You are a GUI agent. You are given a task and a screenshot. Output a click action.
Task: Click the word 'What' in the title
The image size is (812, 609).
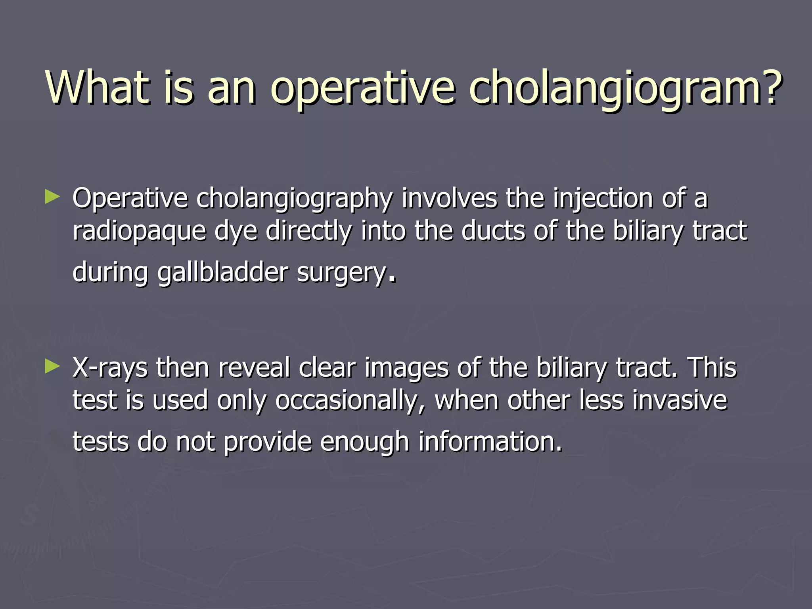pyautogui.click(x=98, y=87)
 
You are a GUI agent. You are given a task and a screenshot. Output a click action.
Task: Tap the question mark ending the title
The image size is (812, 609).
pyautogui.click(x=770, y=87)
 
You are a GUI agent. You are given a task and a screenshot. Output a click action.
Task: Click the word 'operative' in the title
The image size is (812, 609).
pyautogui.click(x=362, y=89)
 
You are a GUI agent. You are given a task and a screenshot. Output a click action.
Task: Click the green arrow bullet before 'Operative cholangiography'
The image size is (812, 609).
pyautogui.click(x=52, y=197)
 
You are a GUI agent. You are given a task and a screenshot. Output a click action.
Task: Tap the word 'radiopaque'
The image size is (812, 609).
pyautogui.click(x=139, y=232)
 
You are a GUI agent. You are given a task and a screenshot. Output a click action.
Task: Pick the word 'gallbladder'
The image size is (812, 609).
pyautogui.click(x=223, y=274)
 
